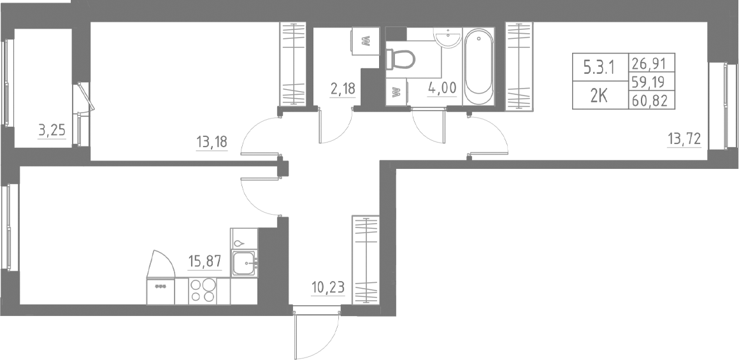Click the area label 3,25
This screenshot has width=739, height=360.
point(52,132)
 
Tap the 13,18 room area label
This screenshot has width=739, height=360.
point(213,141)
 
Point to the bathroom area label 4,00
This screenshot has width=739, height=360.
point(442,88)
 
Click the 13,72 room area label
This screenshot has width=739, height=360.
point(684,139)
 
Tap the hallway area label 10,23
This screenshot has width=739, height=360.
point(328,287)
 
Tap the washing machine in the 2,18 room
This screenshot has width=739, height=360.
point(365,42)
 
